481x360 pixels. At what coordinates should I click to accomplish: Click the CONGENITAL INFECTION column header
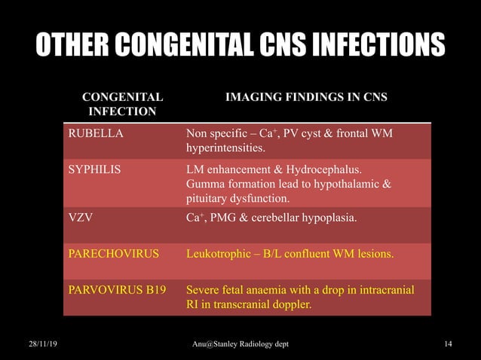tap(122, 105)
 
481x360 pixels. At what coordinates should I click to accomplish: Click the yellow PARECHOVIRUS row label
tap(114, 253)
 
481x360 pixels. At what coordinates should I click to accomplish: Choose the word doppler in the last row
tap(289, 305)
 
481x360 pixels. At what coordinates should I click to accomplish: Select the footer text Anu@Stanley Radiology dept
tap(240, 344)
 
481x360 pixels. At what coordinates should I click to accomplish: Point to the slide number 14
tap(448, 344)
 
